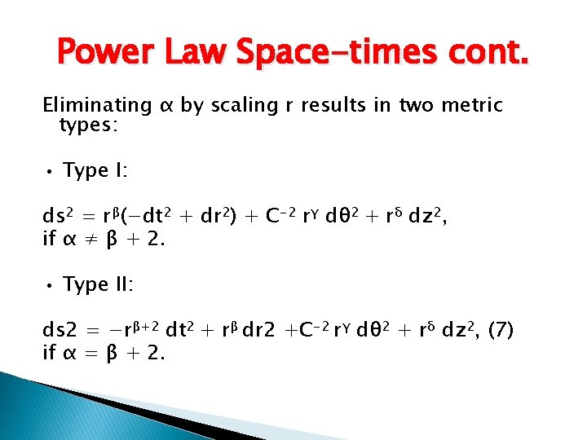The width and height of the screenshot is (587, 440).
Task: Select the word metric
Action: point(471,106)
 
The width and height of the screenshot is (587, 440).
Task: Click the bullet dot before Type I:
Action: point(50,172)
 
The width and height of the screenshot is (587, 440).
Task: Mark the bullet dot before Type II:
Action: point(50,286)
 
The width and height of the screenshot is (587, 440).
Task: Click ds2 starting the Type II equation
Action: point(60,331)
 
